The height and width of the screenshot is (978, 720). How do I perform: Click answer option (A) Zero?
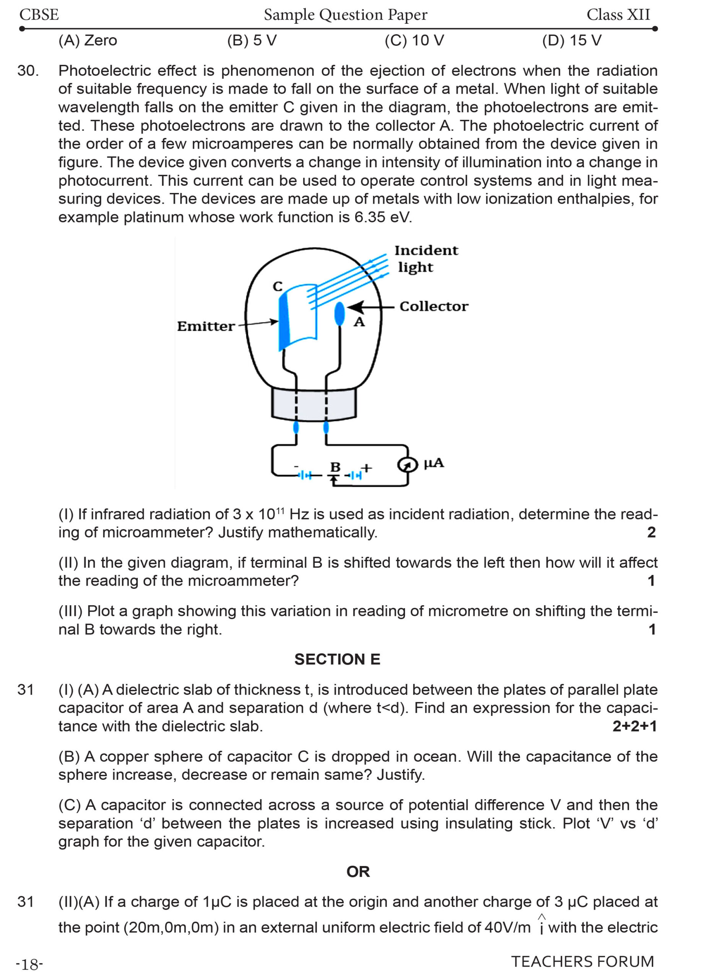[x=88, y=40]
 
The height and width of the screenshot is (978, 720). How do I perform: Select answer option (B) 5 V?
[x=252, y=40]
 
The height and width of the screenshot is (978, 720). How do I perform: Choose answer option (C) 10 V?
[x=414, y=40]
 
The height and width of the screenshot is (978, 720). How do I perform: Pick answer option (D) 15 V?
[x=571, y=40]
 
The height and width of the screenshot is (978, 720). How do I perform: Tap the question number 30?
[x=28, y=71]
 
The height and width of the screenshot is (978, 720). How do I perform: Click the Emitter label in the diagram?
[x=206, y=326]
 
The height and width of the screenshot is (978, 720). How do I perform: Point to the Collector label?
[x=434, y=306]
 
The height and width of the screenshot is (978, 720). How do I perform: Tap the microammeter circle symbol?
[x=406, y=465]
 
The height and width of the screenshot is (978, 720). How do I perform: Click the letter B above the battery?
[x=335, y=467]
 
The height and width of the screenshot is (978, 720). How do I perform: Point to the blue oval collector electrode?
[x=339, y=314]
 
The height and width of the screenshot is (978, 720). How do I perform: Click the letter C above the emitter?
[x=277, y=287]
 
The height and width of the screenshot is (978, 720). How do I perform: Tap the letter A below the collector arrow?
[x=359, y=322]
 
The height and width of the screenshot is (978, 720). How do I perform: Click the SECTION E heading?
[x=337, y=659]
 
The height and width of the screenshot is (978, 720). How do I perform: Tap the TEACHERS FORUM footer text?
[x=582, y=962]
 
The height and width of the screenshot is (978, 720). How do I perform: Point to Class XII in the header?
[x=618, y=15]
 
